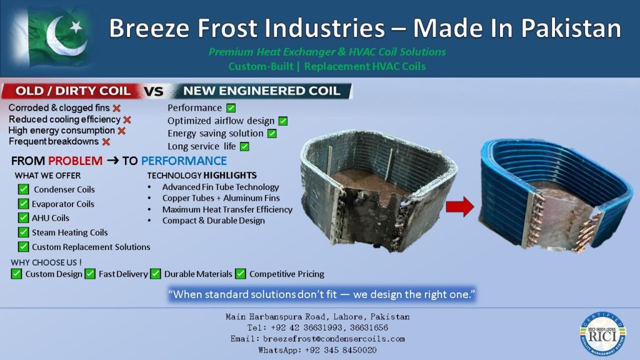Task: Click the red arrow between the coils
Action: pyautogui.click(x=460, y=207)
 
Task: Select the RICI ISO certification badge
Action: pyautogui.click(x=603, y=334)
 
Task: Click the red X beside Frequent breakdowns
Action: pyautogui.click(x=106, y=142)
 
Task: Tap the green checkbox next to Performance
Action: pyautogui.click(x=231, y=108)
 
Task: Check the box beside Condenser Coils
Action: pyautogui.click(x=23, y=189)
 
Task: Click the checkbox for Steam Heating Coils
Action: pyautogui.click(x=23, y=232)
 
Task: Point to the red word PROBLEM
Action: pyautogui.click(x=76, y=161)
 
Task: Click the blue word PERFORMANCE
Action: pyautogui.click(x=184, y=161)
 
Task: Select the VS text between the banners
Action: pyautogui.click(x=154, y=91)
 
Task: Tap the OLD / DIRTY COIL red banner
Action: pyautogui.click(x=72, y=91)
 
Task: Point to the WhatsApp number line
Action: pyautogui.click(x=317, y=350)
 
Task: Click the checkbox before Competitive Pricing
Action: pyautogui.click(x=241, y=274)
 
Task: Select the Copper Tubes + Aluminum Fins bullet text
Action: pyautogui.click(x=221, y=198)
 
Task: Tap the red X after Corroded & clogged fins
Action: pyautogui.click(x=117, y=108)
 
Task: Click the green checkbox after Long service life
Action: pyautogui.click(x=244, y=146)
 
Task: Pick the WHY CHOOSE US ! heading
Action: pyautogui.click(x=46, y=262)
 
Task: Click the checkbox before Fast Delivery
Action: pyautogui.click(x=90, y=274)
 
